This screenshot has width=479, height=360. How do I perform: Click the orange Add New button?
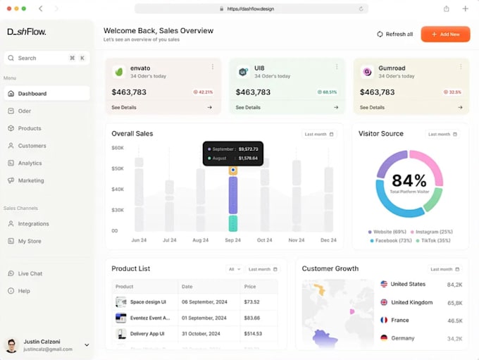445,34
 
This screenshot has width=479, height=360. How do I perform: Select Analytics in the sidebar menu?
30,163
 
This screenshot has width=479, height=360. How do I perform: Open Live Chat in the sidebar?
30,273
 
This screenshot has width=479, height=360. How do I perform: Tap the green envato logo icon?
120,72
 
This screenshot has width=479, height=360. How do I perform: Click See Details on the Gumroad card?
372,108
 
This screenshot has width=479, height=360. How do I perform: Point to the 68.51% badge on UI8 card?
328,92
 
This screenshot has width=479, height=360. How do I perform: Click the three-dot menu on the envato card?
212,67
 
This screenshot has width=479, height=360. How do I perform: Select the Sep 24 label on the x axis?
232,240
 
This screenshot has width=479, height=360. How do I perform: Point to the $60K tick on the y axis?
118,148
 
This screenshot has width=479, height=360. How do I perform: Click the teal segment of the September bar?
232,223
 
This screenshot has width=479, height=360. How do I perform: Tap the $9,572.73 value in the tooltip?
248,149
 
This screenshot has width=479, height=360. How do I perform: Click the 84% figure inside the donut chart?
409,180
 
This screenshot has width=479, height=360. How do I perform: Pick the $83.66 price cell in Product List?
251,318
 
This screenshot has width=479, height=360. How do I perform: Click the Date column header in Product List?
187,287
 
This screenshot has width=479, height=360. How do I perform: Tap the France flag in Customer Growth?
384,320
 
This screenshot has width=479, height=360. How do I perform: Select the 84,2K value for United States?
454,285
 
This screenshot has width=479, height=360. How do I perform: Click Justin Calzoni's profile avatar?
11,345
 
